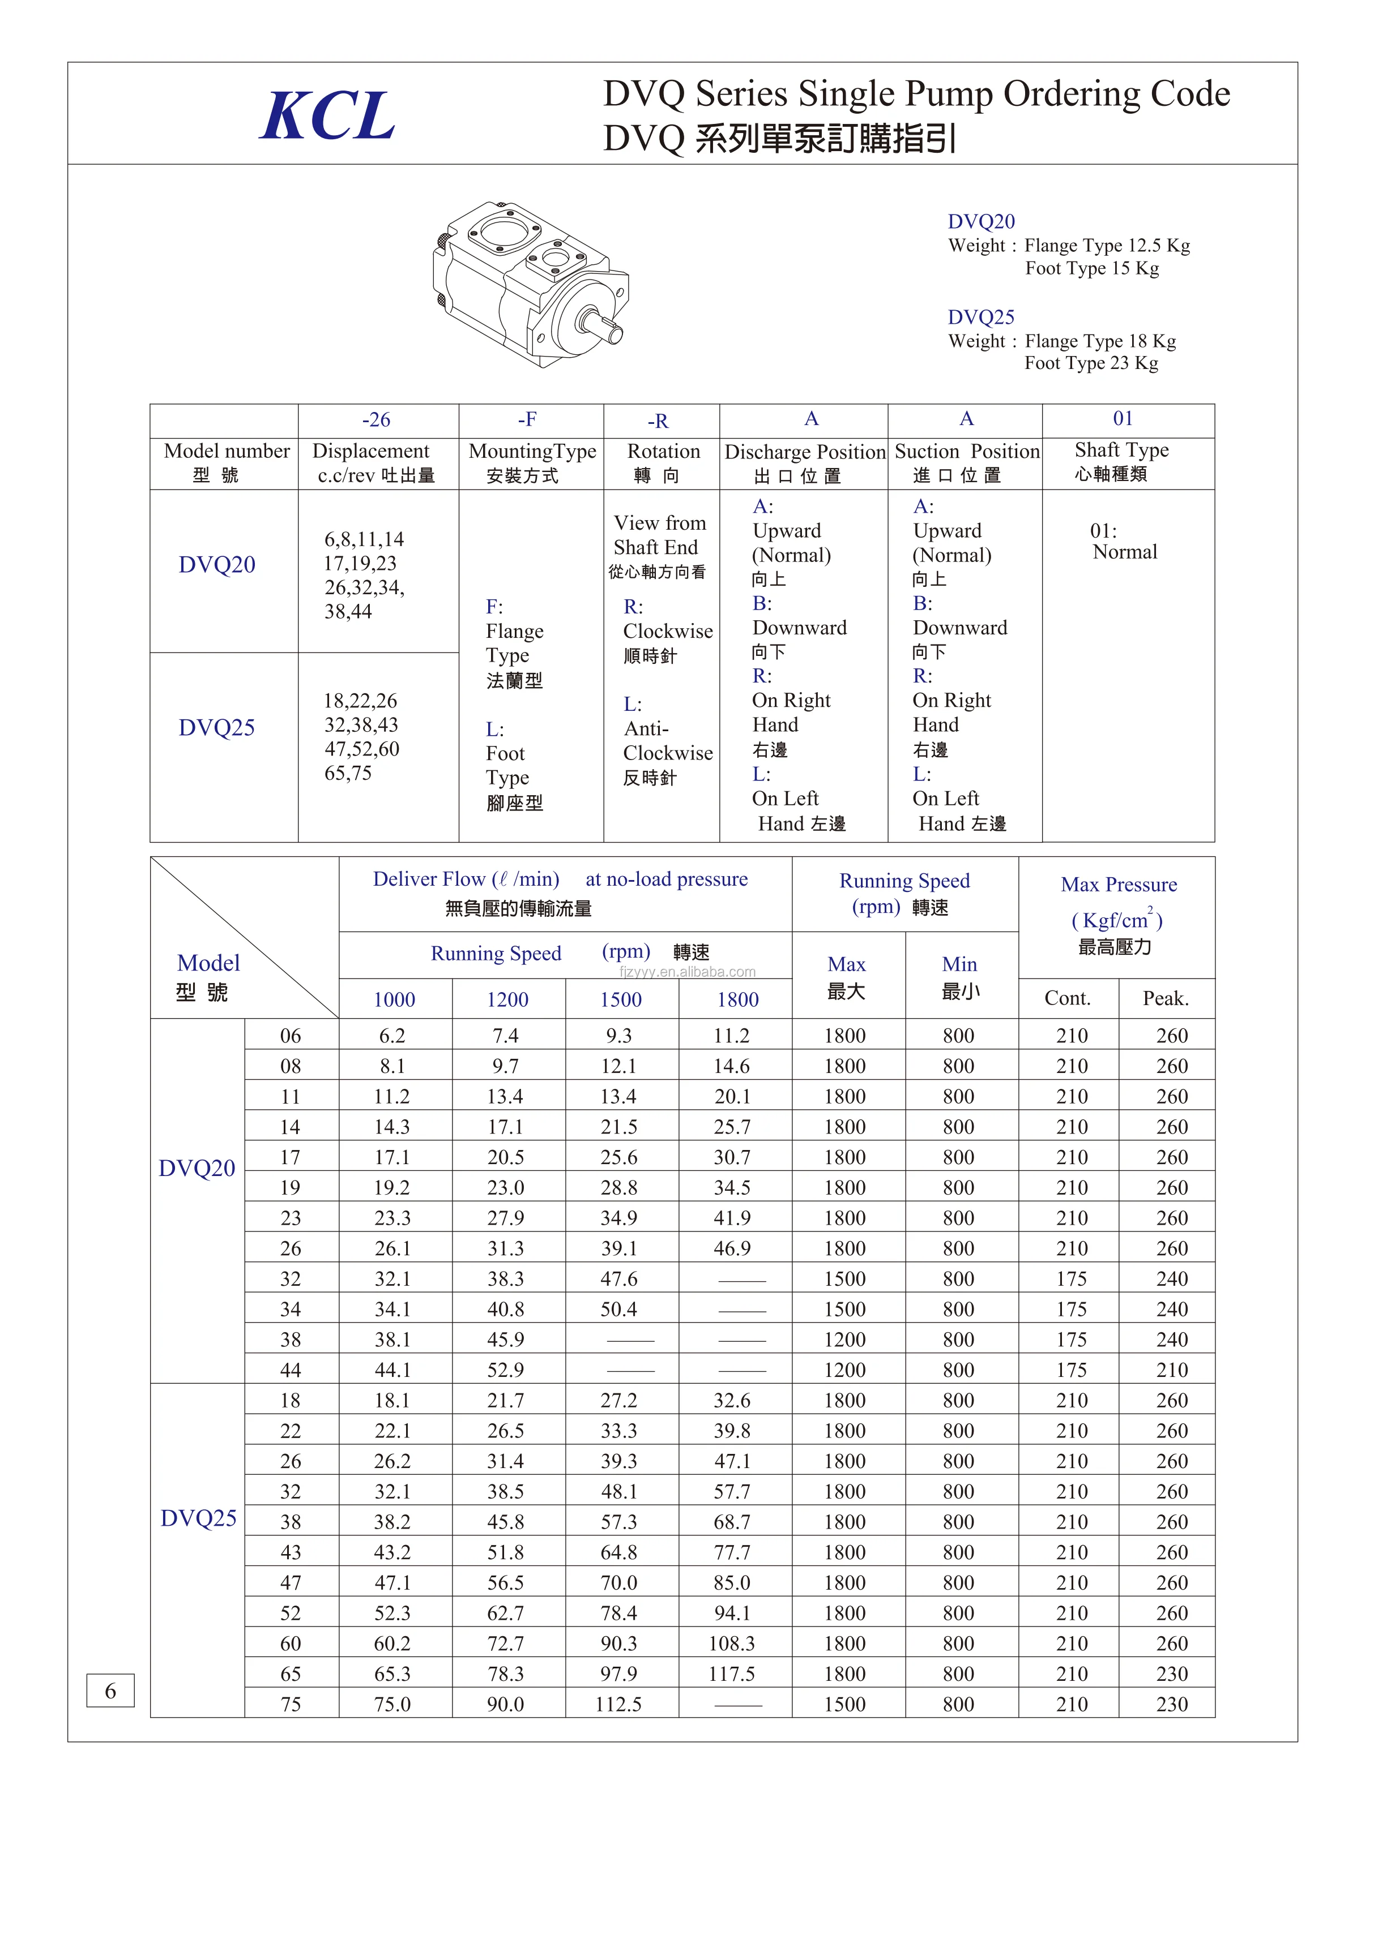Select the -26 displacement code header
pyautogui.click(x=376, y=420)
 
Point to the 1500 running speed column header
pyautogui.click(x=620, y=1000)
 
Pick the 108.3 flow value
pyautogui.click(x=731, y=1643)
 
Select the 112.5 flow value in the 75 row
pyautogui.click(x=618, y=1705)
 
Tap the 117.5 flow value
pyautogui.click(x=731, y=1674)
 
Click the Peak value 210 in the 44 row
pyautogui.click(x=1172, y=1370)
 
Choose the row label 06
pyautogui.click(x=291, y=1036)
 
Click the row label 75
pyautogui.click(x=291, y=1705)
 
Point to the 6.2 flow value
pyautogui.click(x=392, y=1036)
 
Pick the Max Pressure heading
pyautogui.click(x=1118, y=885)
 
